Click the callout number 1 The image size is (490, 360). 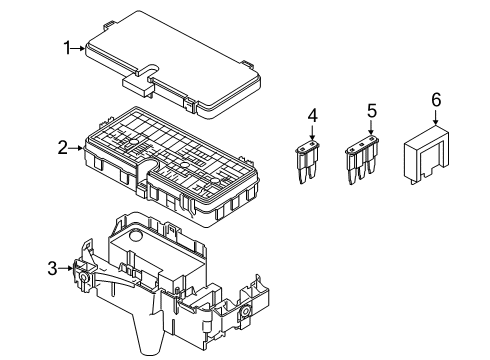point(68,47)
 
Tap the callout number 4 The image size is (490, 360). point(312,117)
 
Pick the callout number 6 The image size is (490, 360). point(435,99)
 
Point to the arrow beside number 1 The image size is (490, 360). point(80,47)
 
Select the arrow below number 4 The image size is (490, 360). point(312,135)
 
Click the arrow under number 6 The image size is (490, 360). point(435,117)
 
